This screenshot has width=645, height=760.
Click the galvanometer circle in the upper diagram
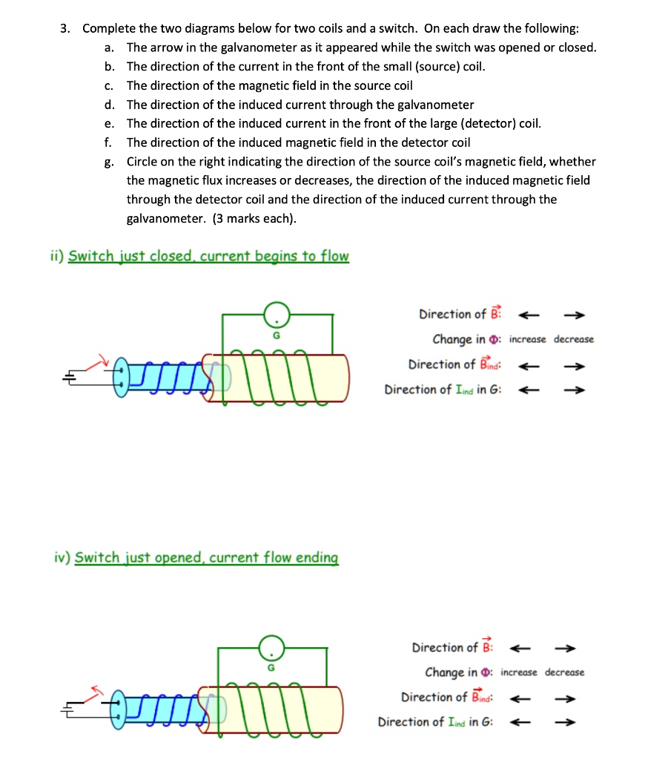click(276, 315)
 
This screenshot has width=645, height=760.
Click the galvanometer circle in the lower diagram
click(271, 648)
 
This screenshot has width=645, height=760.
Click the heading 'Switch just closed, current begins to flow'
click(208, 256)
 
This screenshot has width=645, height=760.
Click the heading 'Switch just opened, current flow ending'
click(206, 557)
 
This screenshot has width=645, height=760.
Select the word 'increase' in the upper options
click(528, 339)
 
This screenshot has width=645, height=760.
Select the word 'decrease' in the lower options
click(564, 672)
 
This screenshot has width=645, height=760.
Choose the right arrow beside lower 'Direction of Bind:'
click(566, 697)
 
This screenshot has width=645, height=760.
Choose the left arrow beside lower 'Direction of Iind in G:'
click(521, 721)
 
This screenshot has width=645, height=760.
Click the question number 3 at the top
click(65, 29)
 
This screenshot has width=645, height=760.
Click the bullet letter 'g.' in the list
click(109, 162)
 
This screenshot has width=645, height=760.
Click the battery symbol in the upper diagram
click(70, 377)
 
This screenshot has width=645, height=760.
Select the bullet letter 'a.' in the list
click(109, 47)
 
